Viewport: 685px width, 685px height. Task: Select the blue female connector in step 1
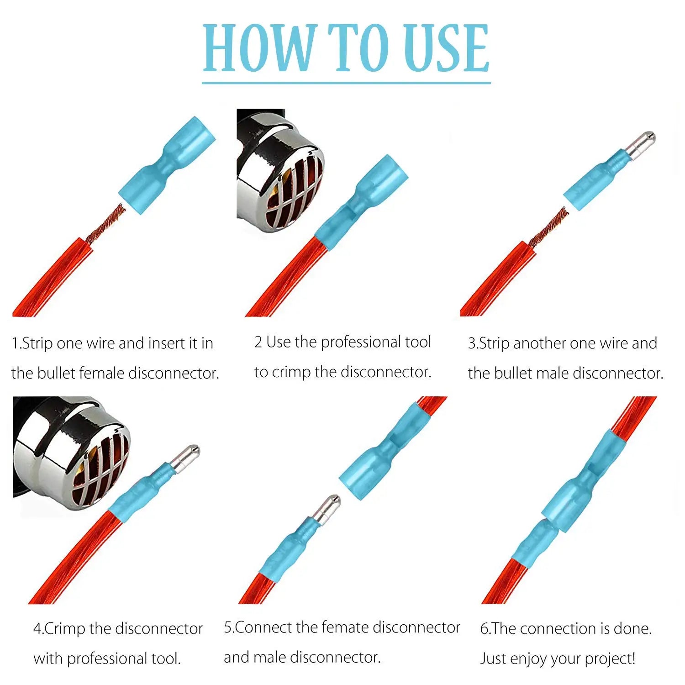click(167, 162)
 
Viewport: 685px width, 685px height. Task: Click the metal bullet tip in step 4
click(184, 458)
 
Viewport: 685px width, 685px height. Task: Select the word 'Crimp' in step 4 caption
click(64, 629)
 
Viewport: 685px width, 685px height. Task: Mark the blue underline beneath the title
click(347, 83)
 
